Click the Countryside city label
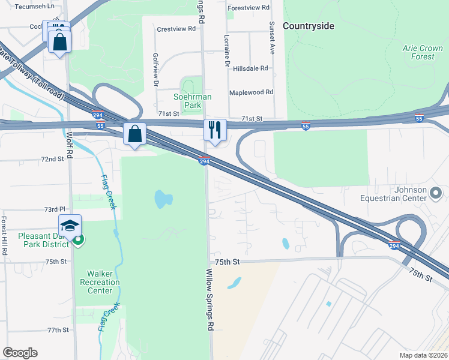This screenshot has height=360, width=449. [x=308, y=26]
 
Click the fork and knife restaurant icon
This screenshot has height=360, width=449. [x=214, y=130]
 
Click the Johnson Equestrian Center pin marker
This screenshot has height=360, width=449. [x=436, y=193]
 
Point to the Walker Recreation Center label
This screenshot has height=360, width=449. [x=100, y=282]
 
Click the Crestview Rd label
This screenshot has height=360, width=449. [x=176, y=29]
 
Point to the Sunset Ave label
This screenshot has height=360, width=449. [x=272, y=38]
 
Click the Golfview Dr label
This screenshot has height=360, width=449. [x=155, y=70]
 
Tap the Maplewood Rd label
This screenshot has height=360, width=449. [x=252, y=92]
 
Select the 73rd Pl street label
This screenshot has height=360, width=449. [x=54, y=210]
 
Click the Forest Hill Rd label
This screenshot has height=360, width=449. [x=4, y=236]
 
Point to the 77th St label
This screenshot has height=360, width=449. [x=59, y=330]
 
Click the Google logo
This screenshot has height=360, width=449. [x=20, y=353]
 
